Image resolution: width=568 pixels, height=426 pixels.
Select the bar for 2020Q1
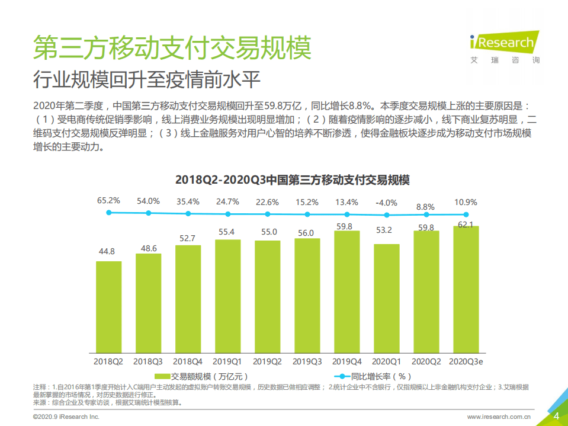click(386, 299)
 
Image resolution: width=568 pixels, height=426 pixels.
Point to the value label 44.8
click(108, 252)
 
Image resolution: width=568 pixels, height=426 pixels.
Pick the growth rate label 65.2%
click(108, 201)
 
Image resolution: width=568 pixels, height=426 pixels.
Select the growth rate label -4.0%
click(386, 202)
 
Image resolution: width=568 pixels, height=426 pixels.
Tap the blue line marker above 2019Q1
click(227, 213)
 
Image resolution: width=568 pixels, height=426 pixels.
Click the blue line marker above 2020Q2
click(426, 214)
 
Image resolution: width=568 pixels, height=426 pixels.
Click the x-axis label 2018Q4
click(188, 361)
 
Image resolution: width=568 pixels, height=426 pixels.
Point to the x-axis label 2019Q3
click(307, 361)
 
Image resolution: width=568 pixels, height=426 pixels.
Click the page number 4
click(556, 416)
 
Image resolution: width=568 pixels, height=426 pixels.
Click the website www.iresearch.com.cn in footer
click(499, 417)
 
